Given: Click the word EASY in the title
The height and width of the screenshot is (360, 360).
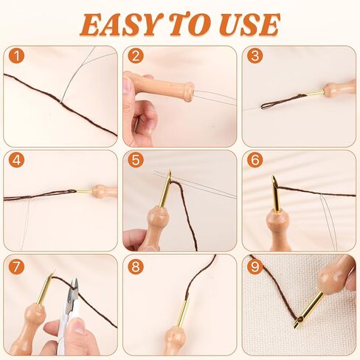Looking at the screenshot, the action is pos(119,24).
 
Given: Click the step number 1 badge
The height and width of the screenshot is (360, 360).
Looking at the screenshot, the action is pos(16,56).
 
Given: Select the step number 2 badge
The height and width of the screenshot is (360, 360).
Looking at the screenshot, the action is pos(136,56).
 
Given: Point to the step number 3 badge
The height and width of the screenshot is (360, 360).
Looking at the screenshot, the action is pos(255,56).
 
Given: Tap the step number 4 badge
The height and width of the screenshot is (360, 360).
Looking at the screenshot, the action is pos(16,160).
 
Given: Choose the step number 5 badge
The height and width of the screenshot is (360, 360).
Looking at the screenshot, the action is pos(136,160).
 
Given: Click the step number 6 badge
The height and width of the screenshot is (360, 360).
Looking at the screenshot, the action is pos(255,160).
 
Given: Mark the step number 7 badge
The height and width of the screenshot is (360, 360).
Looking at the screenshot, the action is pos(16,266).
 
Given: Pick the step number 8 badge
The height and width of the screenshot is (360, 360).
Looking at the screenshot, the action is pos(136,266).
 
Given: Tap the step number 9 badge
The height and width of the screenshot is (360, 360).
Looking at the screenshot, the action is pos(255,266).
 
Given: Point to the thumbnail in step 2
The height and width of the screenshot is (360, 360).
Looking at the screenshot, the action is pos(127,86).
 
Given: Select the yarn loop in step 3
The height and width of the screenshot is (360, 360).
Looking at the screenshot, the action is pos(280,102).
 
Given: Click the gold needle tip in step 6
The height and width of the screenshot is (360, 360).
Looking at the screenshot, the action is pos(274,181).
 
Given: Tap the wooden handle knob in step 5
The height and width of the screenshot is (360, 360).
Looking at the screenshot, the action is pos(156,216).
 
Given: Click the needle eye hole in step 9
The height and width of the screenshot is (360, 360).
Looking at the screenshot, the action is pos(300,320).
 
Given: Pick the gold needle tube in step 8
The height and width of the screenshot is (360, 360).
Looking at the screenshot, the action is pos(184,311).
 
